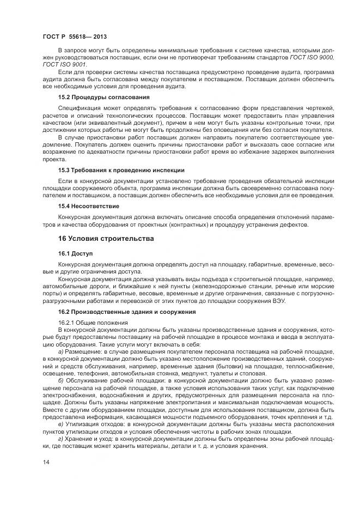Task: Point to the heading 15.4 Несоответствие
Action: (x=88, y=207)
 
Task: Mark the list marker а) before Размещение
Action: (x=61, y=353)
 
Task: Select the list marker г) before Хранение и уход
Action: (x=60, y=439)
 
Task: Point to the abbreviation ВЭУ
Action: (x=276, y=301)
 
